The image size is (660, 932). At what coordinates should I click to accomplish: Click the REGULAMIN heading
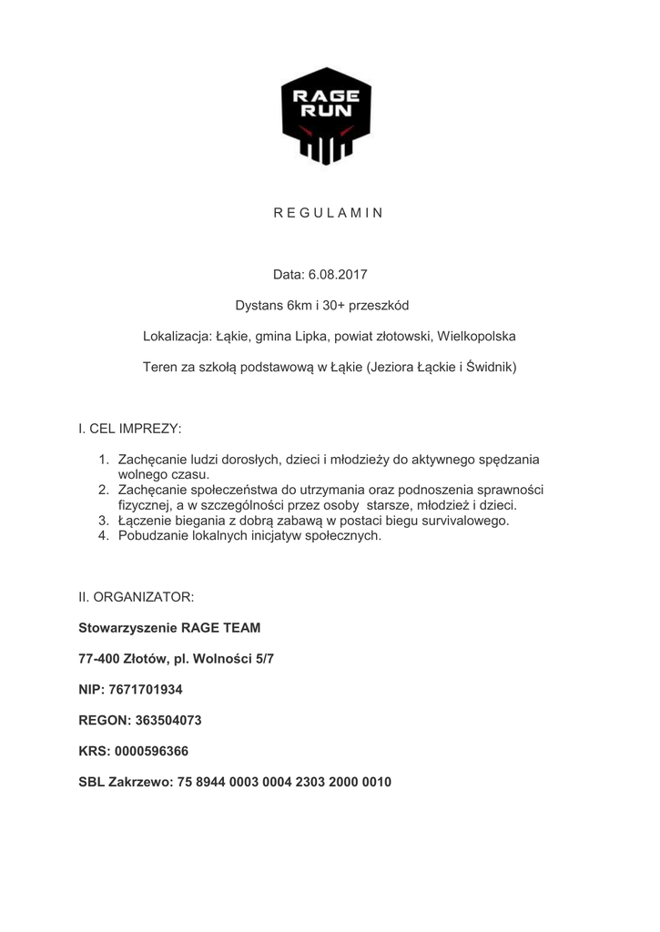tap(329, 213)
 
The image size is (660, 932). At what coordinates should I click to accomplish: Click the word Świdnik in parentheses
tap(488, 367)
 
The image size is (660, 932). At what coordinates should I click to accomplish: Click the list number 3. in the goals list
tap(104, 521)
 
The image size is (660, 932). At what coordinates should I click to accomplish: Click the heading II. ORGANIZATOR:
tap(137, 598)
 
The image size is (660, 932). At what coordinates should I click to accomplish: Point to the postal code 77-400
tap(98, 658)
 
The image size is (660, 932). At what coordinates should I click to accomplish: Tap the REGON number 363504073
tap(168, 720)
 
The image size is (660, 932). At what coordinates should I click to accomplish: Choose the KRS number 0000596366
tap(153, 751)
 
